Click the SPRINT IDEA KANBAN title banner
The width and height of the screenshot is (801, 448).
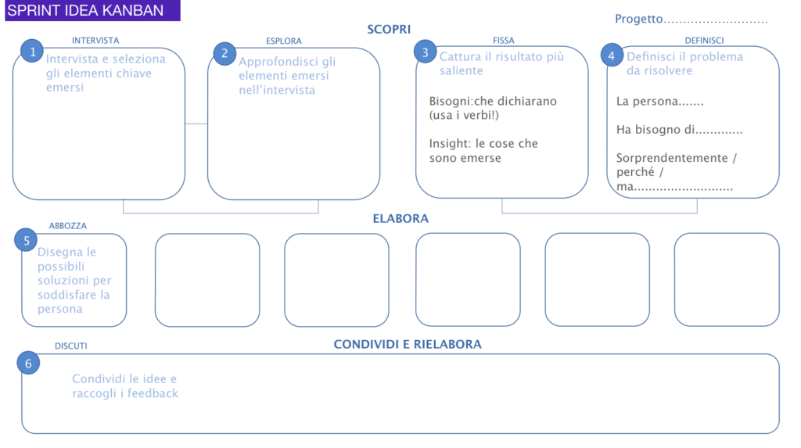[x=92, y=10]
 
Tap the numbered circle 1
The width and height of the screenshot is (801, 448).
[x=32, y=51]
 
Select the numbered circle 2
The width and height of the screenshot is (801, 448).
[x=224, y=53]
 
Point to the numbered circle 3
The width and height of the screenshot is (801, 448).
[x=425, y=52]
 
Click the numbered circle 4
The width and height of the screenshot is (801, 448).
[x=612, y=56]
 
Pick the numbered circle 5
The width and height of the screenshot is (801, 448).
[x=26, y=241]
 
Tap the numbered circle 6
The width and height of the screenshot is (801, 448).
[x=28, y=364]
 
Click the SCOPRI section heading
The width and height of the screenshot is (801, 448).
[x=389, y=29]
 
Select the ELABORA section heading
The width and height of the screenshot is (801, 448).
[x=400, y=219]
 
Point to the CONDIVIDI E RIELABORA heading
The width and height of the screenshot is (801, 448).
[x=408, y=344]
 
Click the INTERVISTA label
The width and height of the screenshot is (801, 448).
[x=95, y=41]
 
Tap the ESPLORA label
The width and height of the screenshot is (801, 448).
[x=283, y=41]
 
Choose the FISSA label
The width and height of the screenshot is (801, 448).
[x=503, y=41]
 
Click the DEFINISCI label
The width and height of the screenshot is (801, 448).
[x=704, y=41]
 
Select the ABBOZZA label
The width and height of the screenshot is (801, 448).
[x=67, y=226]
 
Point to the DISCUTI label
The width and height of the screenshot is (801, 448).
[x=71, y=346]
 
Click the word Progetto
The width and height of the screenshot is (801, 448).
[x=638, y=19]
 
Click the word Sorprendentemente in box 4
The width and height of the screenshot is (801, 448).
[x=672, y=158]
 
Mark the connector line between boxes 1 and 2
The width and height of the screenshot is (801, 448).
[x=196, y=124]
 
